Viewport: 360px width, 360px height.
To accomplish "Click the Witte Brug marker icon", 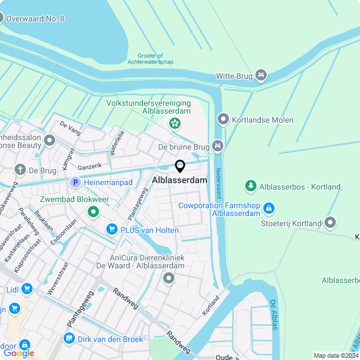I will pyautogui.click(x=260, y=75).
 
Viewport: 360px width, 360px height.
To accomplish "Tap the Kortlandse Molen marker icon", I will pyautogui.click(x=223, y=119).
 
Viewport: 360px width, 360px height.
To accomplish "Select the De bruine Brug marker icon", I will pyautogui.click(x=217, y=147).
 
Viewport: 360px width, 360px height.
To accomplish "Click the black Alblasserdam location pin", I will pyautogui.click(x=180, y=166).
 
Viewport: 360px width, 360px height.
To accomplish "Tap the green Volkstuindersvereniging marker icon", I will pyautogui.click(x=175, y=123).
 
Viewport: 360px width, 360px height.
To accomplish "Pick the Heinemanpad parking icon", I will pyautogui.click(x=75, y=182).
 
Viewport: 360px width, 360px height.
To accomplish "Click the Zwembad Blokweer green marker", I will pyautogui.click(x=93, y=211).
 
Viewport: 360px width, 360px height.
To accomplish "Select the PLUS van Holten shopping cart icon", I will pyautogui.click(x=111, y=229).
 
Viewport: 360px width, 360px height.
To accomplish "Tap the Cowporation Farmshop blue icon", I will pyautogui.click(x=269, y=209).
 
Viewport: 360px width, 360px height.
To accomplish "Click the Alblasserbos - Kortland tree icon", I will pyautogui.click(x=250, y=186).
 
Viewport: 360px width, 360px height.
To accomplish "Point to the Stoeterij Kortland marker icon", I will pyautogui.click(x=330, y=223).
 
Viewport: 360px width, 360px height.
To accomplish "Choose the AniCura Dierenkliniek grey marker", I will pyautogui.click(x=168, y=278).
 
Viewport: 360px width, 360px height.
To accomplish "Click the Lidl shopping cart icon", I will pyautogui.click(x=26, y=289).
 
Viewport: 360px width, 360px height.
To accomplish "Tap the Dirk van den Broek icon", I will pyautogui.click(x=69, y=338).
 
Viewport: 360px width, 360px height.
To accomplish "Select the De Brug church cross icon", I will pyautogui.click(x=20, y=170).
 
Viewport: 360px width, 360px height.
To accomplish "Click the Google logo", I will pyautogui.click(x=19, y=353).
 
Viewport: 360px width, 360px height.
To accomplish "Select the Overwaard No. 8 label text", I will pyautogui.click(x=35, y=19).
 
